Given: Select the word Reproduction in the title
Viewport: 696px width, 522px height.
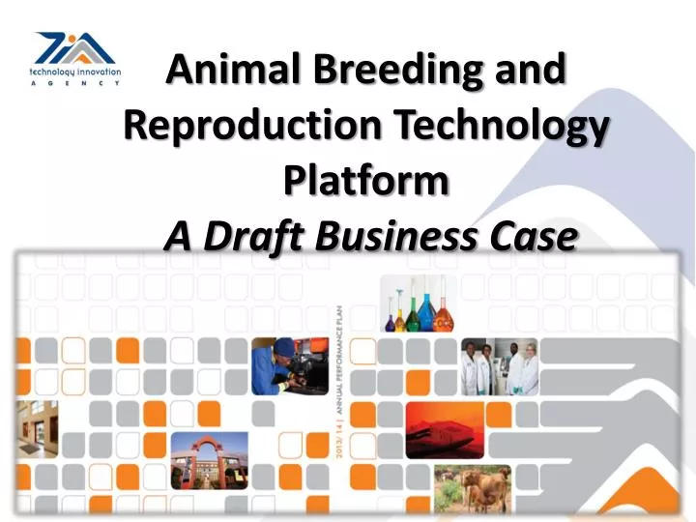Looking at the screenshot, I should coord(246,126).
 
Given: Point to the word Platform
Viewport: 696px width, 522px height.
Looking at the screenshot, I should coord(367,181).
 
